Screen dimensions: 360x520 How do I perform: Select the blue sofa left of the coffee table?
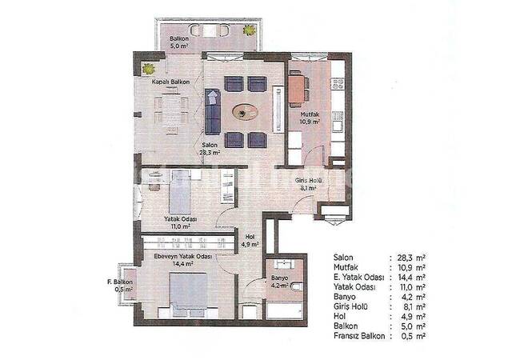(x=213, y=111)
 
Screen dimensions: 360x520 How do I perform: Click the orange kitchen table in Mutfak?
(x=296, y=88)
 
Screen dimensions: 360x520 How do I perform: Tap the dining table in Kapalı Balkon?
(x=170, y=109)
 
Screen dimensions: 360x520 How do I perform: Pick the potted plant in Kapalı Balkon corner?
(x=147, y=69)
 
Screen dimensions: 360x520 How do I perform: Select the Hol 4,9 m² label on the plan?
(x=250, y=240)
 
